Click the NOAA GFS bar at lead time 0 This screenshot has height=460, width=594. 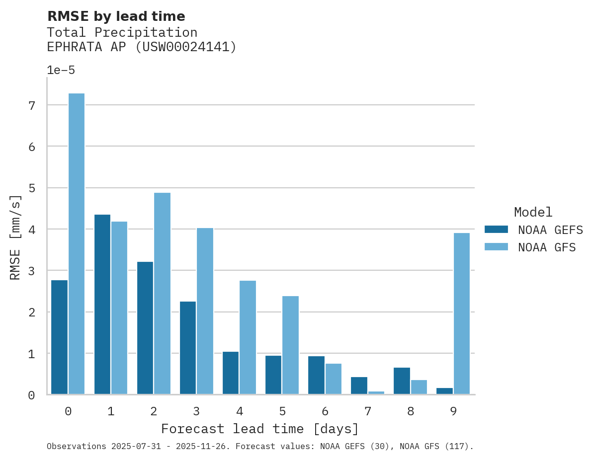coord(77,243)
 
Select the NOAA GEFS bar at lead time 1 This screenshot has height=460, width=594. coord(102,304)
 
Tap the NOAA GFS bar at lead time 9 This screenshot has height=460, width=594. coord(462,313)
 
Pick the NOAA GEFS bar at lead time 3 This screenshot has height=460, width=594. coord(188,348)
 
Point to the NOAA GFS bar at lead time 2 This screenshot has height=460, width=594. coord(162,293)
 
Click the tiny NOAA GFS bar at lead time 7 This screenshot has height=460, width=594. coord(376,393)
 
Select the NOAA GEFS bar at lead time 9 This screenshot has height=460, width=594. coord(444,391)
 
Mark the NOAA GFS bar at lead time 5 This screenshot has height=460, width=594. coord(290,345)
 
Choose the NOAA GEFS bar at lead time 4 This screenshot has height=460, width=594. coord(231,373)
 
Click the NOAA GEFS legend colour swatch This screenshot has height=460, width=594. coord(496,229)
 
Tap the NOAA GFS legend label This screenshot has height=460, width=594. coord(547,247)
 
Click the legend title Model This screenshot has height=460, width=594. coord(533,212)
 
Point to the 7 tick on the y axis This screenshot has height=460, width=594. coord(32,105)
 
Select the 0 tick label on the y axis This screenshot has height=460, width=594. coord(32,395)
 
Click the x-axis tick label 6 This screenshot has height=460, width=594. coord(325,411)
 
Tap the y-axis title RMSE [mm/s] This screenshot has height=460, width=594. coord(15,237)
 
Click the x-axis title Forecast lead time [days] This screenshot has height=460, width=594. coord(260,429)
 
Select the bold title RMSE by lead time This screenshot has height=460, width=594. coord(116,16)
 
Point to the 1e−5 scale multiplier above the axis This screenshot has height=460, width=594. coord(61,70)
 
